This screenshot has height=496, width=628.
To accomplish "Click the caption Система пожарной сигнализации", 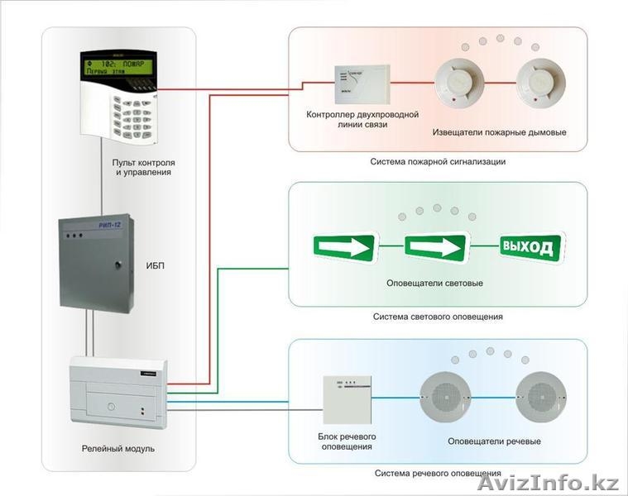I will [x=438, y=162].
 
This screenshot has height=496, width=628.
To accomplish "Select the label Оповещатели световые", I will [x=434, y=284].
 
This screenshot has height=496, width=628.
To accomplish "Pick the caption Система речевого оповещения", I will [x=438, y=474].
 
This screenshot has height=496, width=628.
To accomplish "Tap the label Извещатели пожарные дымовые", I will [x=499, y=132].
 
